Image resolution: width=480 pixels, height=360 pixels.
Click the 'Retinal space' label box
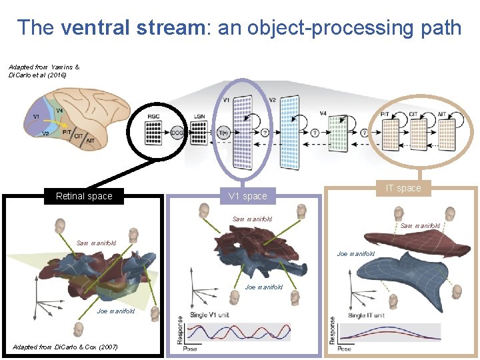pyautogui.click(x=84, y=196)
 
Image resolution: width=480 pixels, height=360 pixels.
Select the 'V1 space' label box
pyautogui.click(x=247, y=196)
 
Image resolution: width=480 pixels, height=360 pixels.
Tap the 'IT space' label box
pyautogui.click(x=405, y=188)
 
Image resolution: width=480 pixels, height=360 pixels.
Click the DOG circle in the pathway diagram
pyautogui.click(x=177, y=132)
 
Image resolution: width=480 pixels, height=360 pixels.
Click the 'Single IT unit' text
pyautogui.click(x=366, y=315)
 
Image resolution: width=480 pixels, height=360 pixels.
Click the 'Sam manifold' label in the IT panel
pyautogui.click(x=420, y=226)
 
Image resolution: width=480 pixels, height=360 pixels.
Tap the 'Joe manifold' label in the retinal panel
pyautogui.click(x=116, y=311)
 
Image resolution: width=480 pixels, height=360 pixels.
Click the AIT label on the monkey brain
pyautogui.click(x=91, y=141)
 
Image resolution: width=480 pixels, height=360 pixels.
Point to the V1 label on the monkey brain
pyautogui.click(x=35, y=116)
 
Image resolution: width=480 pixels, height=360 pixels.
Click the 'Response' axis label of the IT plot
pyautogui.click(x=333, y=331)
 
